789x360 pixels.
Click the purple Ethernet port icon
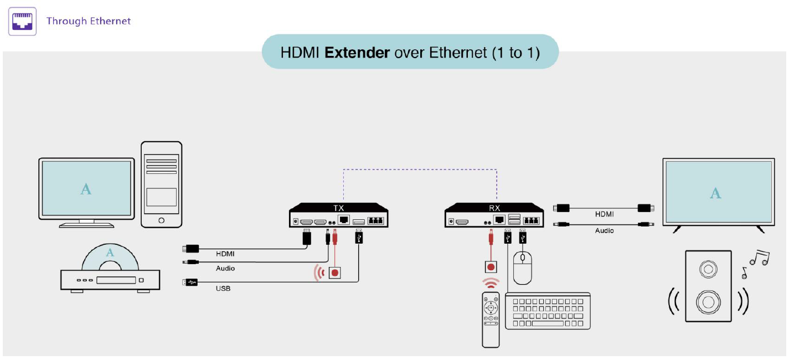click(22, 21)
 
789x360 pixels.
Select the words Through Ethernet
click(89, 21)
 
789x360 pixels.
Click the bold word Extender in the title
click(357, 53)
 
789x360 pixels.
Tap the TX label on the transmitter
click(338, 208)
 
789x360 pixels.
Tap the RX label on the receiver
click(494, 208)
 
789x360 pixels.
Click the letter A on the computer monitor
click(86, 189)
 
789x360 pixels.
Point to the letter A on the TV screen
click(715, 193)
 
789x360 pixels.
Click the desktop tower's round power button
click(161, 220)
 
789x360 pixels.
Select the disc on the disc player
click(110, 257)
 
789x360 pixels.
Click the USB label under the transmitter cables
click(223, 289)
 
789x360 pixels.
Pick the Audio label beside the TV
click(605, 231)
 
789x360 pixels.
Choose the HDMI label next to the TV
click(605, 214)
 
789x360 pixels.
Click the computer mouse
click(522, 268)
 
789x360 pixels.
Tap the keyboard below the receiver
click(548, 311)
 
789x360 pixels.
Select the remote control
click(491, 320)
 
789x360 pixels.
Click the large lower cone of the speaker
click(708, 302)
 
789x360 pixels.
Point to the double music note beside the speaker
click(760, 258)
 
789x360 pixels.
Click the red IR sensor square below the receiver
click(491, 266)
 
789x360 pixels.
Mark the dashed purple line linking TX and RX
click(420, 169)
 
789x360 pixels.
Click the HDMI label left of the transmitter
click(225, 254)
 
